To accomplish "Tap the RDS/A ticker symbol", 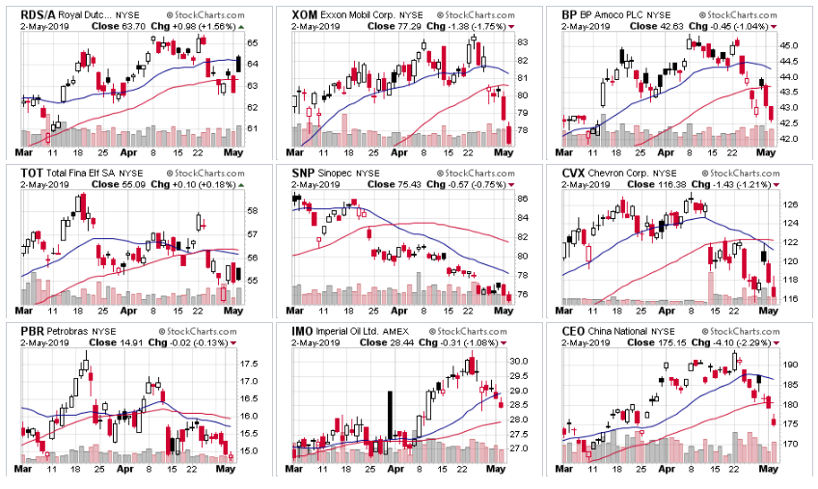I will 37,15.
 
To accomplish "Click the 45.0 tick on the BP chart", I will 790,45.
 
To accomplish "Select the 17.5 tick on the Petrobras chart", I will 248,364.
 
